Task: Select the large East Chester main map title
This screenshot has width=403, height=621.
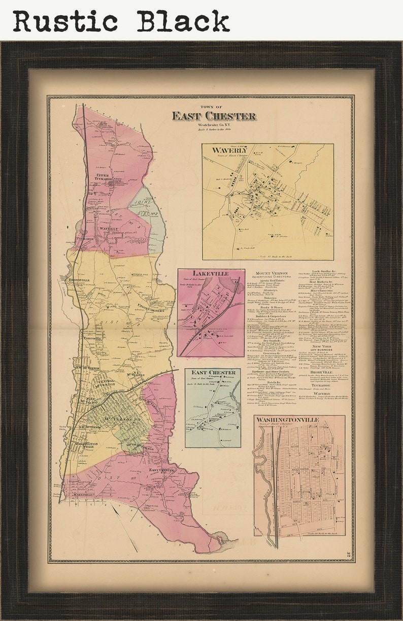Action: point(213,116)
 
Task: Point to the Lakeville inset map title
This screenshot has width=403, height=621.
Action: point(210,274)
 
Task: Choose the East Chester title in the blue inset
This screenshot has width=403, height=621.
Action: point(213,373)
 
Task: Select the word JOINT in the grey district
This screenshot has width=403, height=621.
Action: point(143,202)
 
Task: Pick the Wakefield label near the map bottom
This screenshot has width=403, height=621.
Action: point(84,494)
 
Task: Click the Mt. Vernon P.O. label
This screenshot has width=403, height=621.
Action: point(119,421)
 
